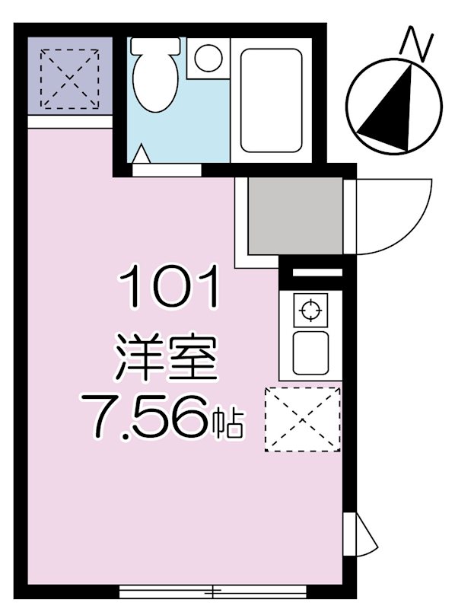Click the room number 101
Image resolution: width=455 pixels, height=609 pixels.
point(169,287)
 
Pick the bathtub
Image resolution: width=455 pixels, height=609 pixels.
point(272,100)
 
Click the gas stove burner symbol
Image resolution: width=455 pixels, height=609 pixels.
point(309,310)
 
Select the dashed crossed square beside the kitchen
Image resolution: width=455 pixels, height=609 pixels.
point(302,419)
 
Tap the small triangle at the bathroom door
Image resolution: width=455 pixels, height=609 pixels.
point(142,155)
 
